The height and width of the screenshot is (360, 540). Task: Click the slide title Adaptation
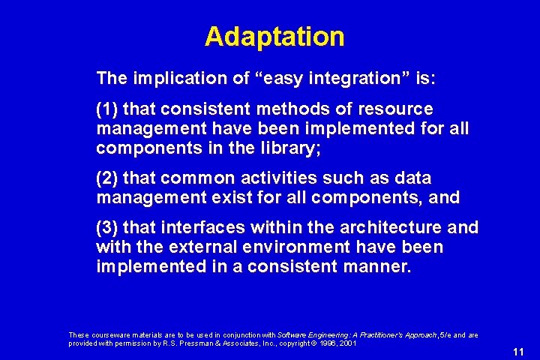274,37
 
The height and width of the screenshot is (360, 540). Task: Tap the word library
292,148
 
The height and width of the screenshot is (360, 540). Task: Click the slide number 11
517,352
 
